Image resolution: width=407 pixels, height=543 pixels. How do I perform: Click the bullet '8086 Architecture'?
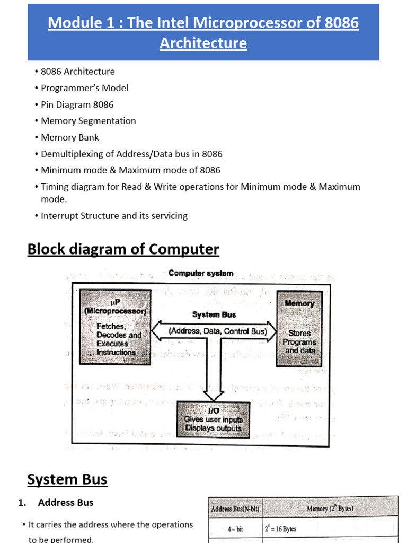pyautogui.click(x=77, y=72)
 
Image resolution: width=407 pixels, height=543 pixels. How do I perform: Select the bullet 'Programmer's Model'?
pyautogui.click(x=84, y=88)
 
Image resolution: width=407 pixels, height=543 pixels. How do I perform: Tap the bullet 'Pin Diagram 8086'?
pyautogui.click(x=77, y=104)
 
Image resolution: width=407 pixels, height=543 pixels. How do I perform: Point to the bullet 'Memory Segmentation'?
pyautogui.click(x=88, y=121)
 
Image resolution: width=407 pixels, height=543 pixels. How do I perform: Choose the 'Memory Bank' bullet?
pyautogui.click(x=69, y=137)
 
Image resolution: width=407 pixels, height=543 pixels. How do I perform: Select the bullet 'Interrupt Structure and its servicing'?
pyautogui.click(x=114, y=216)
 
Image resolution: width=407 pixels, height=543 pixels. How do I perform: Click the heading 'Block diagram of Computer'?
pyautogui.click(x=123, y=249)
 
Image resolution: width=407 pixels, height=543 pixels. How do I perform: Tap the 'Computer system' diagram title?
pyautogui.click(x=200, y=274)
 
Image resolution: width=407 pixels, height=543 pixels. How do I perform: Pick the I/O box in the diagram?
pyautogui.click(x=212, y=419)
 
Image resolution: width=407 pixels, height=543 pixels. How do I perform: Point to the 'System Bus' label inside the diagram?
pyautogui.click(x=214, y=314)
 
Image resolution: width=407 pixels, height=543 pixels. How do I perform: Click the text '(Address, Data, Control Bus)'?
pyautogui.click(x=214, y=331)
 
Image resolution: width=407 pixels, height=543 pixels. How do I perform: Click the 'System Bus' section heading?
pyautogui.click(x=67, y=480)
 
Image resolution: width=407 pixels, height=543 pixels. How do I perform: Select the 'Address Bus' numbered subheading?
pyautogui.click(x=66, y=502)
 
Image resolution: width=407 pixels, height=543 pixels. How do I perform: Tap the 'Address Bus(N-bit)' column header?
pyautogui.click(x=235, y=509)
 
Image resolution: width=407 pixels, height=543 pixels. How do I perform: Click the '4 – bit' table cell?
pyautogui.click(x=235, y=529)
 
